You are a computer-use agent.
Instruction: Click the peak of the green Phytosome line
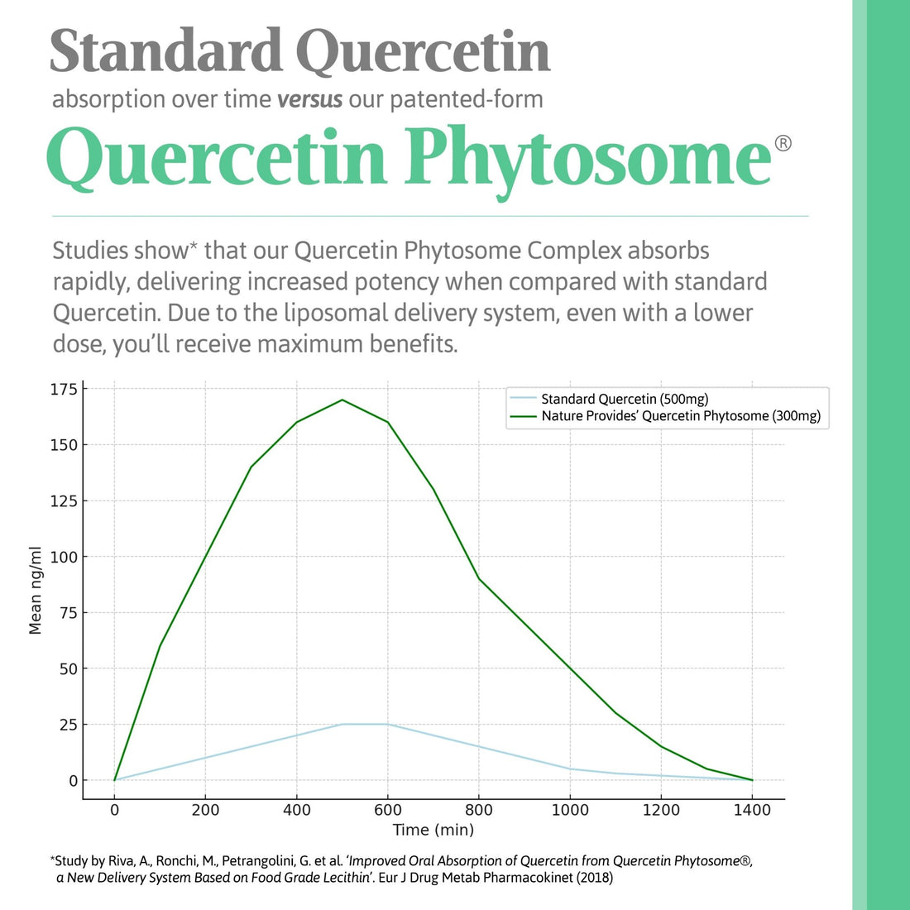coord(342,400)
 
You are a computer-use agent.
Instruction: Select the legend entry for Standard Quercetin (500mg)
coord(625,399)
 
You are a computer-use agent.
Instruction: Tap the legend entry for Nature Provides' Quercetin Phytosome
coord(681,416)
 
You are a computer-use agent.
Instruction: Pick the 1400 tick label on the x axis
coord(751,810)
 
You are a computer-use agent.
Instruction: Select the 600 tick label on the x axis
coord(387,810)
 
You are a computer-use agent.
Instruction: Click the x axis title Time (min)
coord(433,830)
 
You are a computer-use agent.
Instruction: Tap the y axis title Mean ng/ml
coord(36,590)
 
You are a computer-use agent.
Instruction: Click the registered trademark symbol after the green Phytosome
coord(783,144)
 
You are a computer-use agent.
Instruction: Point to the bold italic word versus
coord(309,99)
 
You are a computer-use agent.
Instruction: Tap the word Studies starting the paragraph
coord(90,251)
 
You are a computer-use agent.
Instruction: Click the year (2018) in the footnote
coord(594,878)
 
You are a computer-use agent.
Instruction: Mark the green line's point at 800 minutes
coord(478,578)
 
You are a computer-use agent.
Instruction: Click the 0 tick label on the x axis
coord(114,810)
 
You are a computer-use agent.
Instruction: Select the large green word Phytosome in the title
coord(587,157)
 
